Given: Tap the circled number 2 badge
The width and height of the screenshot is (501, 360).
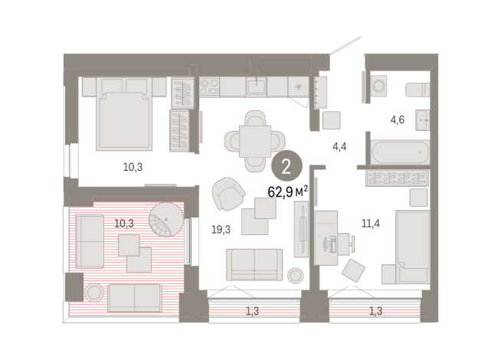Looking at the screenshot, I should tap(286, 165).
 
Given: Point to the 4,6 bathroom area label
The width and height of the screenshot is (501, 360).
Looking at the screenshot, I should tap(397, 119).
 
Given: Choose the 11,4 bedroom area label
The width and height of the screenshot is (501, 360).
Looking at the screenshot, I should tap(372, 224).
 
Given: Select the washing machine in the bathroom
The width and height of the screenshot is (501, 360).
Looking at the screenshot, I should tap(379, 88).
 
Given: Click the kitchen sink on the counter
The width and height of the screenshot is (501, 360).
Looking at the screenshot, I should tap(257, 86).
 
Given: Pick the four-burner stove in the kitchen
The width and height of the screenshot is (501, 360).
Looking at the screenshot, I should tap(210, 87).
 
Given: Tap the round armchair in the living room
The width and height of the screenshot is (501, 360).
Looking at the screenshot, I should tap(227, 194).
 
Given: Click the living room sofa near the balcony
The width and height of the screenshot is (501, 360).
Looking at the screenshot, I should tap(254, 264).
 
